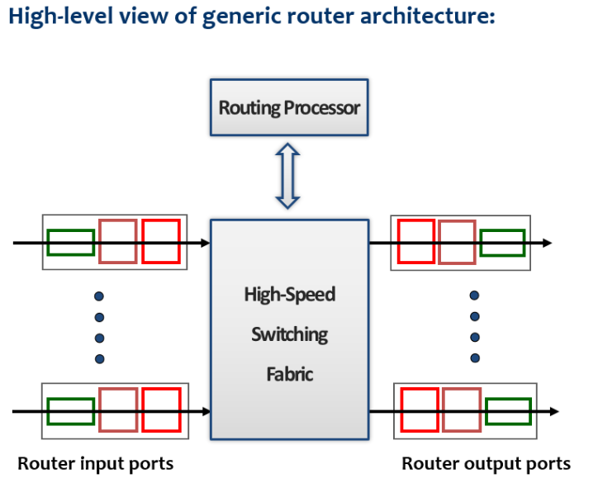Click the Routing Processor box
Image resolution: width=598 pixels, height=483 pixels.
point(288,107)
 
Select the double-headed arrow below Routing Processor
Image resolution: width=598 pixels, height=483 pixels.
point(287,176)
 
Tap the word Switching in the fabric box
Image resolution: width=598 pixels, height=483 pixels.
point(289,334)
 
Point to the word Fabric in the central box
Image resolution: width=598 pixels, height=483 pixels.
point(289,374)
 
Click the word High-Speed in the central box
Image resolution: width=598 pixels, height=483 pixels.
point(289,295)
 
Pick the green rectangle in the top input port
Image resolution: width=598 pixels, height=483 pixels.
point(70,243)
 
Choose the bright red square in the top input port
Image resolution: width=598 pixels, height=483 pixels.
point(160,241)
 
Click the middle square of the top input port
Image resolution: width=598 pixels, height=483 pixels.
point(118,241)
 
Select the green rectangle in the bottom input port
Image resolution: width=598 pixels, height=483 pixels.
point(70,410)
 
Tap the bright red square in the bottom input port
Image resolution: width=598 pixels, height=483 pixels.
point(161,410)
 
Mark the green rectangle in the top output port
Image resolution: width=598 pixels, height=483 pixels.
point(502,243)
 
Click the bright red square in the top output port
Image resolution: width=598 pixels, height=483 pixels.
point(415,241)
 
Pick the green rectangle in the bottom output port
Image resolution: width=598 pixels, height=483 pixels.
point(507,410)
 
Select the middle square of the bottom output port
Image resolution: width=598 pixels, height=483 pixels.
point(461,410)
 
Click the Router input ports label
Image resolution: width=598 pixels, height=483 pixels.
point(95,463)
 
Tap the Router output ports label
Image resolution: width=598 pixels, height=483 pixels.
point(486,463)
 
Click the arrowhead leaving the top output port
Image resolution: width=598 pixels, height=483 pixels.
point(546,243)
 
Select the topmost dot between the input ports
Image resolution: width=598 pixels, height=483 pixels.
point(99,296)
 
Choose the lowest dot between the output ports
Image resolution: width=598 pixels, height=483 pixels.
point(475,358)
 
